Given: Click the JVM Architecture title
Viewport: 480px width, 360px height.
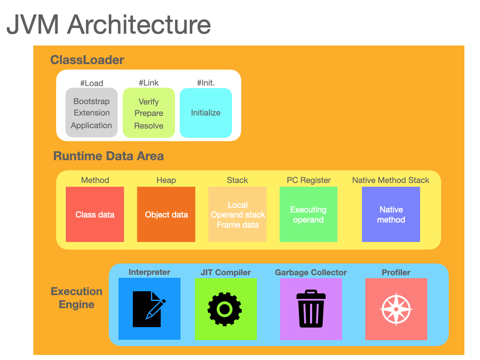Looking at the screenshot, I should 108,24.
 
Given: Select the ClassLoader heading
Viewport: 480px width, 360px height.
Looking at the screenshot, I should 87,60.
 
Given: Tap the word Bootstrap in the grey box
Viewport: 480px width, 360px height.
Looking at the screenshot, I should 92,101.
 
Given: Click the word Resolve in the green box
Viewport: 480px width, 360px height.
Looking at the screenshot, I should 148,126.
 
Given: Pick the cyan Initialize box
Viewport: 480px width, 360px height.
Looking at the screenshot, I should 206,113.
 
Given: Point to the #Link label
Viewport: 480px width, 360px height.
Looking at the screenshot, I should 148,83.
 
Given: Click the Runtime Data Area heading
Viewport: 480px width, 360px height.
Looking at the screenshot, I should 108,156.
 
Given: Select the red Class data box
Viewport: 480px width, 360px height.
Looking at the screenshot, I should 95,215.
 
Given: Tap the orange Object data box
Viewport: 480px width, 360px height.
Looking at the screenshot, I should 166,215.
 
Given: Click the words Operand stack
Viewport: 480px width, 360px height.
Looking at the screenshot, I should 238,215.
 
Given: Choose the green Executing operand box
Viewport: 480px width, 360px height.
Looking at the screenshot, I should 308,215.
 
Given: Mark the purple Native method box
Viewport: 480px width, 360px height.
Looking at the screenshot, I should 391,215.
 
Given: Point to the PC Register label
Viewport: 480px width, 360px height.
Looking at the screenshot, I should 309,180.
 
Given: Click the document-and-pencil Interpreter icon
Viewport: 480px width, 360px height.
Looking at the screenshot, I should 149,309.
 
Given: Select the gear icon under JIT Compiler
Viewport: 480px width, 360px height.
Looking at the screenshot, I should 225,309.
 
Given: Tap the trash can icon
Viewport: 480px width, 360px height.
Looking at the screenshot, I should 311,309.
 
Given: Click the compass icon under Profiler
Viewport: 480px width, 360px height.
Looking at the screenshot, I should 396,309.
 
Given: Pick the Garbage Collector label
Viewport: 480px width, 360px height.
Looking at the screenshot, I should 311,272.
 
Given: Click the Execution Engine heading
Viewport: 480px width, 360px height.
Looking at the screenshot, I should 76,298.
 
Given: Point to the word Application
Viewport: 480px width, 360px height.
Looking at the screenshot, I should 92,125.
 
